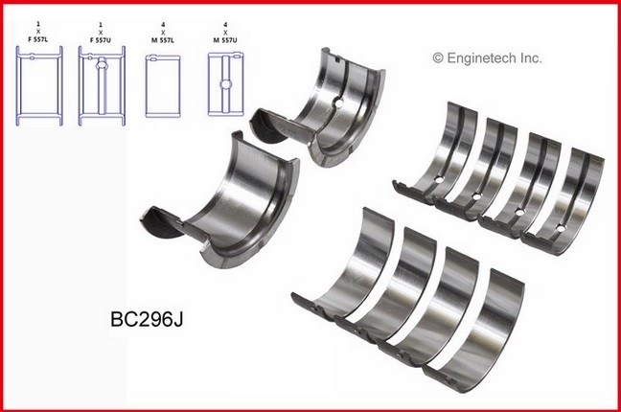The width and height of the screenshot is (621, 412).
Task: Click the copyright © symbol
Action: click(x=440, y=58)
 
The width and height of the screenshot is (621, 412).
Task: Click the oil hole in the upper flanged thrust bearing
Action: click(x=337, y=104)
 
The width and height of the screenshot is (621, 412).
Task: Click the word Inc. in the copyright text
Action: click(x=530, y=58)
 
